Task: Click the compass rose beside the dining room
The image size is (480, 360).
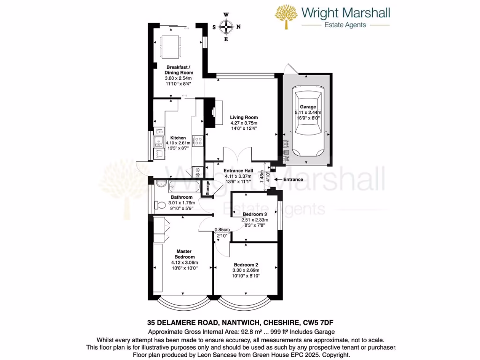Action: [226, 27]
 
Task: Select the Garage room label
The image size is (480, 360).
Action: [308, 107]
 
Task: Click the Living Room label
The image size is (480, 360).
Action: [243, 118]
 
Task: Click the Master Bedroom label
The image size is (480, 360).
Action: [185, 254]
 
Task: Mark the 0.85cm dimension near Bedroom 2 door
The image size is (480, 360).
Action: [222, 230]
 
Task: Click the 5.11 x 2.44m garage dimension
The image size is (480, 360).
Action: [308, 112]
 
